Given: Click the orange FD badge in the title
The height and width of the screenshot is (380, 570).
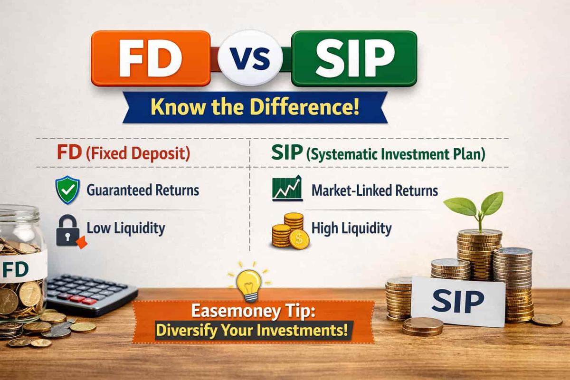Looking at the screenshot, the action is point(151,58).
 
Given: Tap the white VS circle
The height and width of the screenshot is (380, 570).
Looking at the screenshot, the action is point(250,58).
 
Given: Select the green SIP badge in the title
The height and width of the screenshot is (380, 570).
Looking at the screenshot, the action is point(354,58).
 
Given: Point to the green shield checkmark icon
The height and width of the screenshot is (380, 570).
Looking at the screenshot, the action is point(67,190).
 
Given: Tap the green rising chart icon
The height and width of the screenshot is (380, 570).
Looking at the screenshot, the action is point(287,189).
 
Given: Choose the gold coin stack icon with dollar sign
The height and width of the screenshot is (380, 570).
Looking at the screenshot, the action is point(290,231).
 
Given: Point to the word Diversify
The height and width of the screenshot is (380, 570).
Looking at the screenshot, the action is point(187,331).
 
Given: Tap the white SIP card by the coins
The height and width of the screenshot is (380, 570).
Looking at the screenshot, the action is point(458,301).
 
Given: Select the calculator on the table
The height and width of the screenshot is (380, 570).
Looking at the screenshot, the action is point(91,294).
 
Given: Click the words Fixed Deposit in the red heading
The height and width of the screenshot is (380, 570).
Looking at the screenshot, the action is point(138,154).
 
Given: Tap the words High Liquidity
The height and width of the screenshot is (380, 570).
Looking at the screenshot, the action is point(351,228).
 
